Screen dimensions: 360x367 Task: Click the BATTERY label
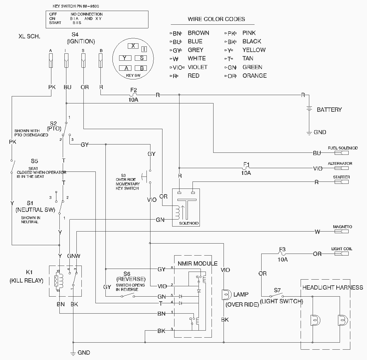click(329, 110)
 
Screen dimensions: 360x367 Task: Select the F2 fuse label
click(133, 90)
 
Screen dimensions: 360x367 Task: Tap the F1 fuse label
click(246, 164)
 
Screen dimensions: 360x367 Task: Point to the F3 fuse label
click(282, 249)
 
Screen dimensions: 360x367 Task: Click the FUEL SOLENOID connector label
click(343, 148)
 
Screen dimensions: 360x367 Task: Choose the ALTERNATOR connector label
click(340, 164)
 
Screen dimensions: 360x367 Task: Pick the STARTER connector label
click(341, 177)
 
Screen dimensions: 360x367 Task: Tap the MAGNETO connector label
click(342, 227)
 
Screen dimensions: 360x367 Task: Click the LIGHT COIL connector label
click(342, 249)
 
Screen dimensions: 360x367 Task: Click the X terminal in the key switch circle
click(133, 46)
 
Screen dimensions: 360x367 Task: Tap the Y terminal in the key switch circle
click(125, 58)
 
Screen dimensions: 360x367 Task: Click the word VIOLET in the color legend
click(198, 67)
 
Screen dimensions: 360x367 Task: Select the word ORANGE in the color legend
click(255, 76)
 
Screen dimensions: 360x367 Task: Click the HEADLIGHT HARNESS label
click(332, 287)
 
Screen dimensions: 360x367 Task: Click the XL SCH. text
click(29, 36)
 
